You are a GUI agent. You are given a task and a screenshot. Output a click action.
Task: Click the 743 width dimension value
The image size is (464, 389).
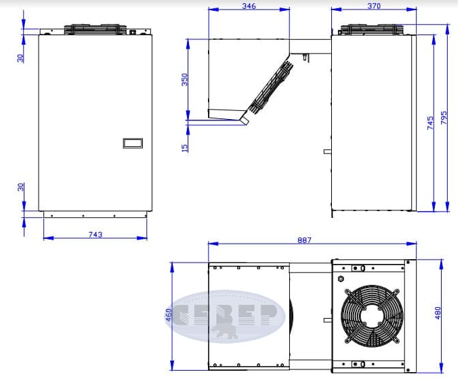point(96,234)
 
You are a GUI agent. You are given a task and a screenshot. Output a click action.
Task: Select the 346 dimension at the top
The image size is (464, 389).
point(249,6)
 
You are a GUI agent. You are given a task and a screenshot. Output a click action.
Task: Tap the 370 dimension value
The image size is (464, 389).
point(374,6)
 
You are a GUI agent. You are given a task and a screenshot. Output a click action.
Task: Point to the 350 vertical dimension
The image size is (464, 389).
point(184,80)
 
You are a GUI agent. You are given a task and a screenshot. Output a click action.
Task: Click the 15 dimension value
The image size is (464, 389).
point(184,147)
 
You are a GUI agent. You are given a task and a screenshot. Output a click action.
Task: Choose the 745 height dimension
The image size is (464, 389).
point(430,122)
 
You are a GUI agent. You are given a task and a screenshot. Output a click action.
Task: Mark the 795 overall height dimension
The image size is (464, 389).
point(444,118)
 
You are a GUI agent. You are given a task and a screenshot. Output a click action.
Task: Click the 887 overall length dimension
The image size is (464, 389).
point(304,240)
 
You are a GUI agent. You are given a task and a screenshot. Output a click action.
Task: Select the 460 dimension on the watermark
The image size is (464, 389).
point(169,315)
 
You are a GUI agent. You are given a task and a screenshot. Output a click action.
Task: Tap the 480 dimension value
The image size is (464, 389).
point(438,313)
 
